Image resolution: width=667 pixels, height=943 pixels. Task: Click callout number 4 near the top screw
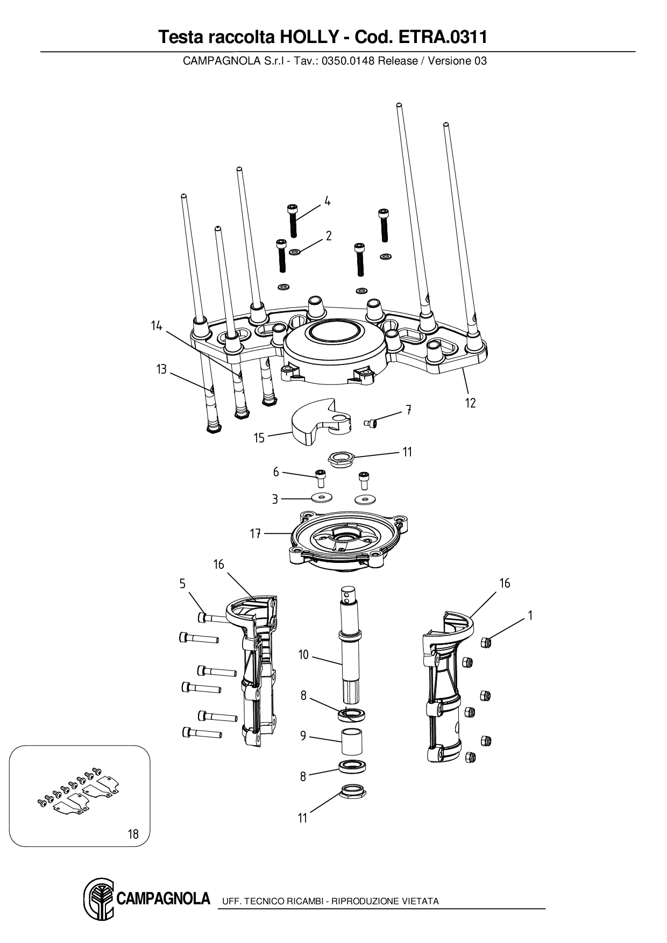(327, 202)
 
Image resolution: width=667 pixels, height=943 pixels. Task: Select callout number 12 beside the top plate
(471, 403)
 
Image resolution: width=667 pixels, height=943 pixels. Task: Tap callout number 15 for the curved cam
(259, 438)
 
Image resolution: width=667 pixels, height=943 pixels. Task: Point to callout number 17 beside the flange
(255, 533)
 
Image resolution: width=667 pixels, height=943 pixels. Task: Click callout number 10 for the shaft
(303, 654)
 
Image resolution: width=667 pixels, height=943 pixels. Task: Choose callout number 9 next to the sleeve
(303, 735)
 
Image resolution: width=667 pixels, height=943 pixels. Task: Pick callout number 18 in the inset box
(133, 834)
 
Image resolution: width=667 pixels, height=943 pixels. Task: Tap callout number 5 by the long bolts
(182, 584)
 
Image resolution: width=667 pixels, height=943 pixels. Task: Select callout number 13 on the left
(161, 369)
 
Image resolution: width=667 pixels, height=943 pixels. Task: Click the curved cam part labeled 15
(312, 422)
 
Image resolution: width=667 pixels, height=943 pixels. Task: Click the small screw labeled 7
(371, 424)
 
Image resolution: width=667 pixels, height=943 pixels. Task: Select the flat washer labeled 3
(321, 497)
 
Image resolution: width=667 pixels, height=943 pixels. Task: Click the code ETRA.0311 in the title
(442, 37)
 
